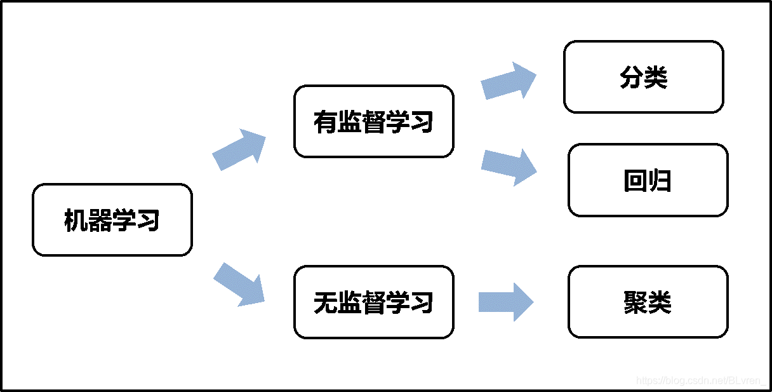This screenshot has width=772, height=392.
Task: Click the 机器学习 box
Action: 112,220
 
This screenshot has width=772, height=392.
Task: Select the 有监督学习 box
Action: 373,121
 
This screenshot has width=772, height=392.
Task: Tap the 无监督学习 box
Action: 373,302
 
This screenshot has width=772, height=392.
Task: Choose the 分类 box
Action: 643,77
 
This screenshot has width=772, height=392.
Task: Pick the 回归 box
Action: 648,180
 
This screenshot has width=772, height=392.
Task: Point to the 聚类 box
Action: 648,302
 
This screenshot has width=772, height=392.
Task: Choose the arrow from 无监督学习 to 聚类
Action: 505,302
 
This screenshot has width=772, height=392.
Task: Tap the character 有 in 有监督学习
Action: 325,122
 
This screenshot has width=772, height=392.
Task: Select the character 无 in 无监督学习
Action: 325,302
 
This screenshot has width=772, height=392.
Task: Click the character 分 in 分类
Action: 631,78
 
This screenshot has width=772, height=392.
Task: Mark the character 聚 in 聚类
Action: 635,302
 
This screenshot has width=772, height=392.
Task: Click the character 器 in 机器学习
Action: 100,220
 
